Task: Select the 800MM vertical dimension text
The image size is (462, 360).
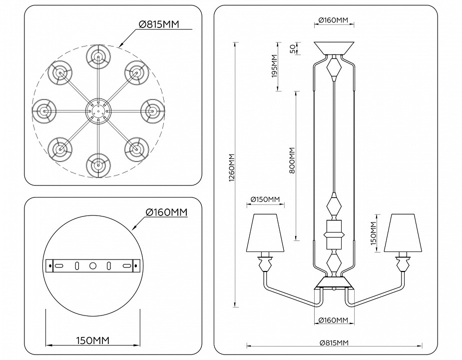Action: [292, 160]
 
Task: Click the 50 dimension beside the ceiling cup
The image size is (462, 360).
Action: [293, 48]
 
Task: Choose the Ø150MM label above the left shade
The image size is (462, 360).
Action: [266, 200]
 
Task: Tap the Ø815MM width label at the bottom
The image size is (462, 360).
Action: [334, 342]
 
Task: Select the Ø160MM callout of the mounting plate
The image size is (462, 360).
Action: [166, 212]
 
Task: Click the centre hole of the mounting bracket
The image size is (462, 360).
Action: [92, 266]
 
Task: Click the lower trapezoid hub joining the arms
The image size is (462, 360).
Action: [334, 283]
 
